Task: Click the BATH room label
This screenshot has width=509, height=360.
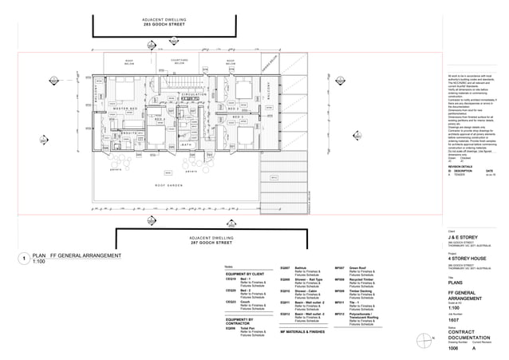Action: [186, 144]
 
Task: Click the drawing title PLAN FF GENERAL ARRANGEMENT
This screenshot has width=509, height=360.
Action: [77, 255]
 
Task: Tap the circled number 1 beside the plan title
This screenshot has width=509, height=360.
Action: [26, 259]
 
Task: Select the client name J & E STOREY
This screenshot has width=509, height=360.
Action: [464, 237]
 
